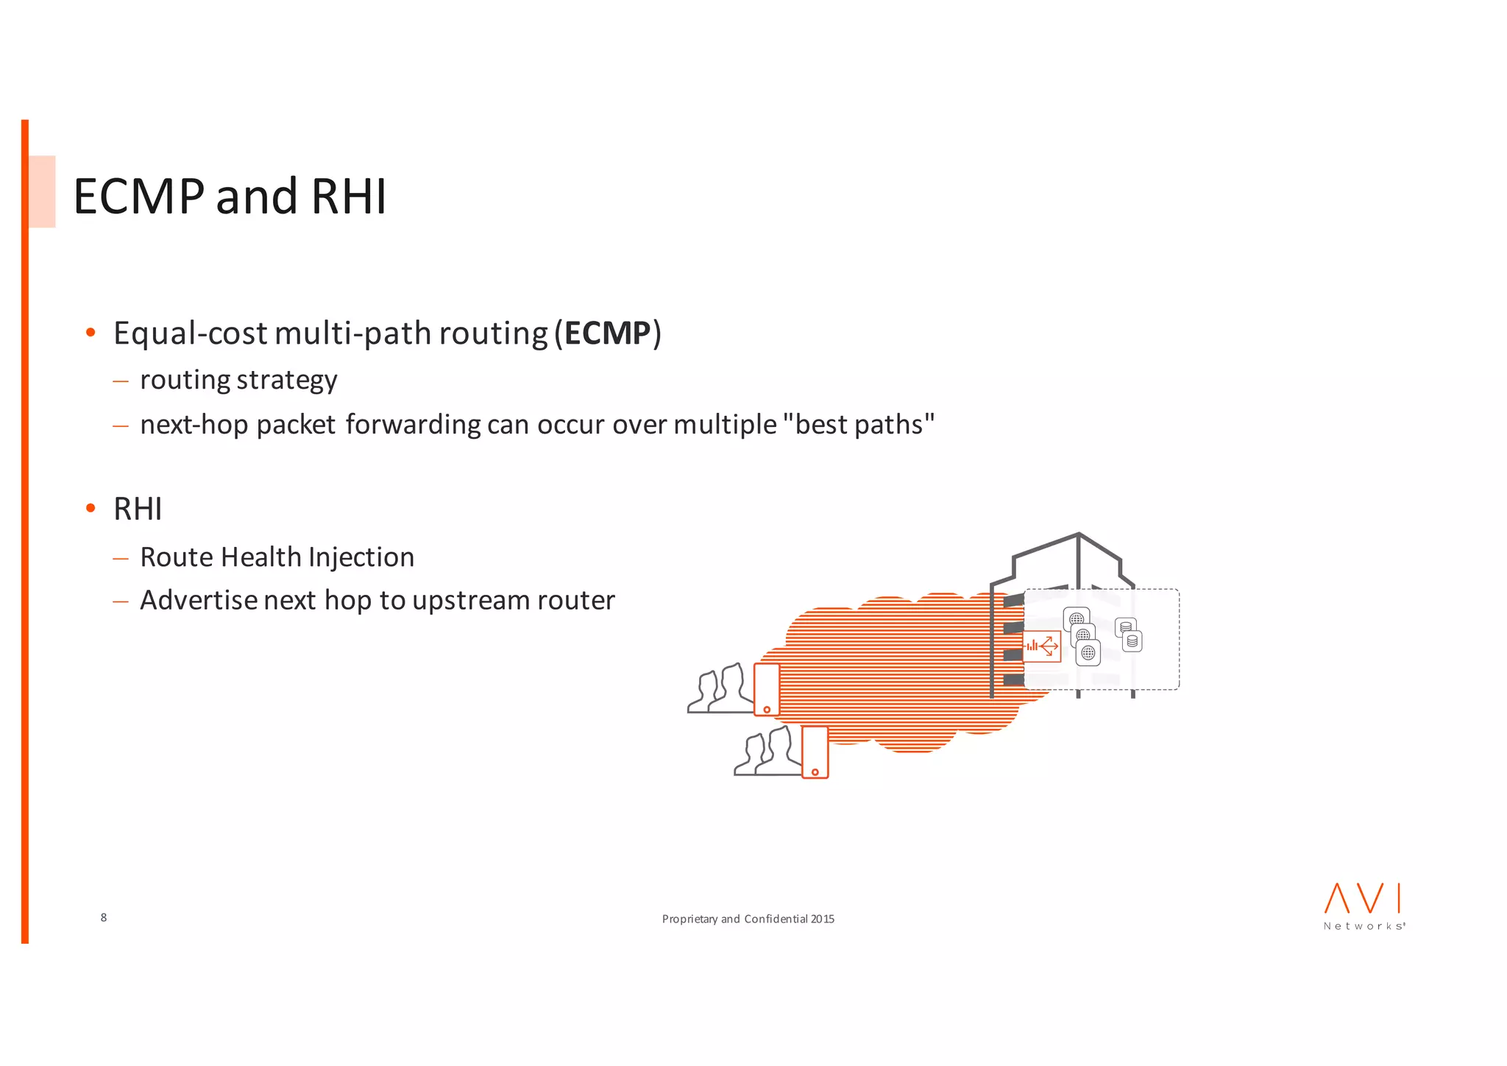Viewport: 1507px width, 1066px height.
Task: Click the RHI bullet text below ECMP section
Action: pyautogui.click(x=138, y=509)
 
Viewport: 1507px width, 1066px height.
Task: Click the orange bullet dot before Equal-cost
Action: pyautogui.click(x=91, y=333)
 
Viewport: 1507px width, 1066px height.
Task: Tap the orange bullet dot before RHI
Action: pyautogui.click(x=91, y=508)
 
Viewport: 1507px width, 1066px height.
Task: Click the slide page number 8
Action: pyautogui.click(x=104, y=917)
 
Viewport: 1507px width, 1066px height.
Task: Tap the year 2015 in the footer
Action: pyautogui.click(x=822, y=919)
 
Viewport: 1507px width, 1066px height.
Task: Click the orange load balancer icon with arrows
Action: pyautogui.click(x=1042, y=646)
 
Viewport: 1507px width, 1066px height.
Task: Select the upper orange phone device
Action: pyautogui.click(x=767, y=689)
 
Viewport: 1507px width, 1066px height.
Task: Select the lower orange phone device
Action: pyautogui.click(x=815, y=752)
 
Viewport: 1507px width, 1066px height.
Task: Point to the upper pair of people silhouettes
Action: pyautogui.click(x=721, y=689)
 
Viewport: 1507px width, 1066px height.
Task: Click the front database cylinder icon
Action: pyautogui.click(x=1132, y=641)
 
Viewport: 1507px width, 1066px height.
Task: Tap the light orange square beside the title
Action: pyautogui.click(x=42, y=191)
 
